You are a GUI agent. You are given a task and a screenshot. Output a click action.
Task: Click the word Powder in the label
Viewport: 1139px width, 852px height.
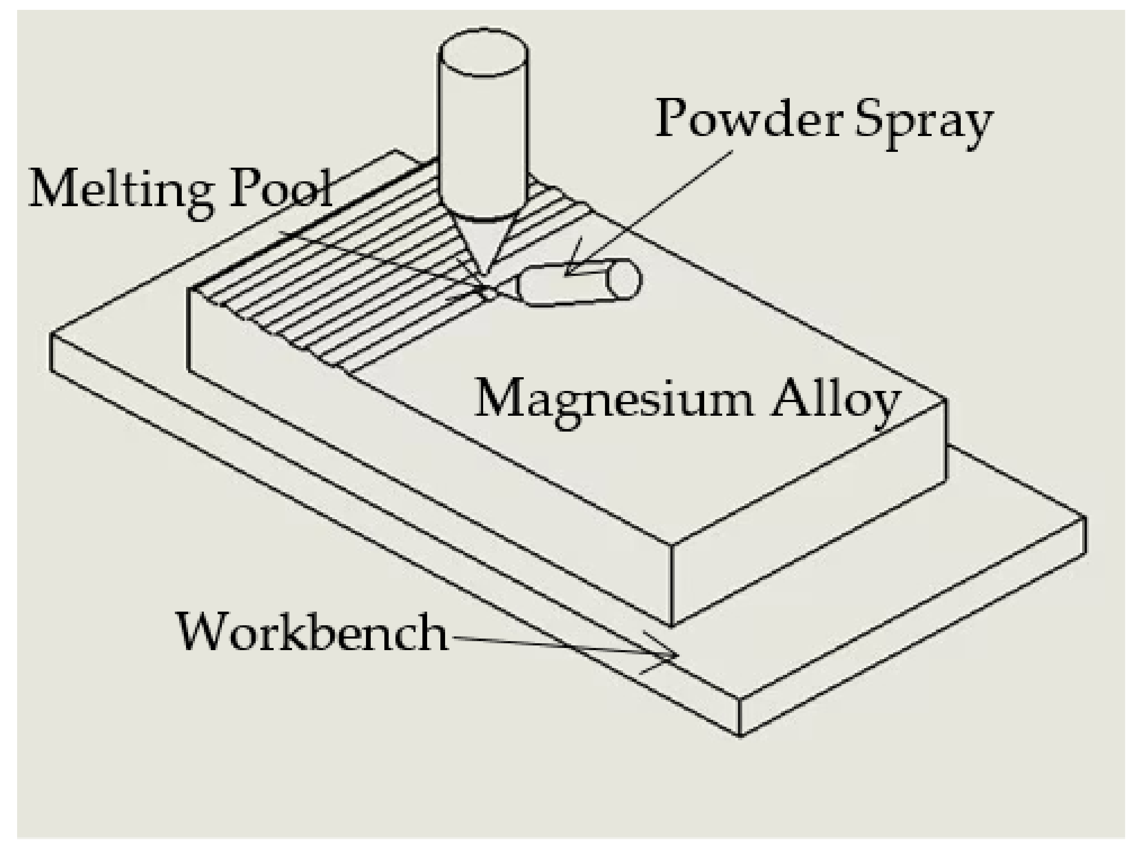[x=749, y=119]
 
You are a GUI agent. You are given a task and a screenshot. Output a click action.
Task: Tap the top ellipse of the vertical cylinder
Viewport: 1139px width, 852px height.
[x=483, y=51]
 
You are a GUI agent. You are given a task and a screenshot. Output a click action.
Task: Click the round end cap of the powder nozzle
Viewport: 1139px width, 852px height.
[x=624, y=280]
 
